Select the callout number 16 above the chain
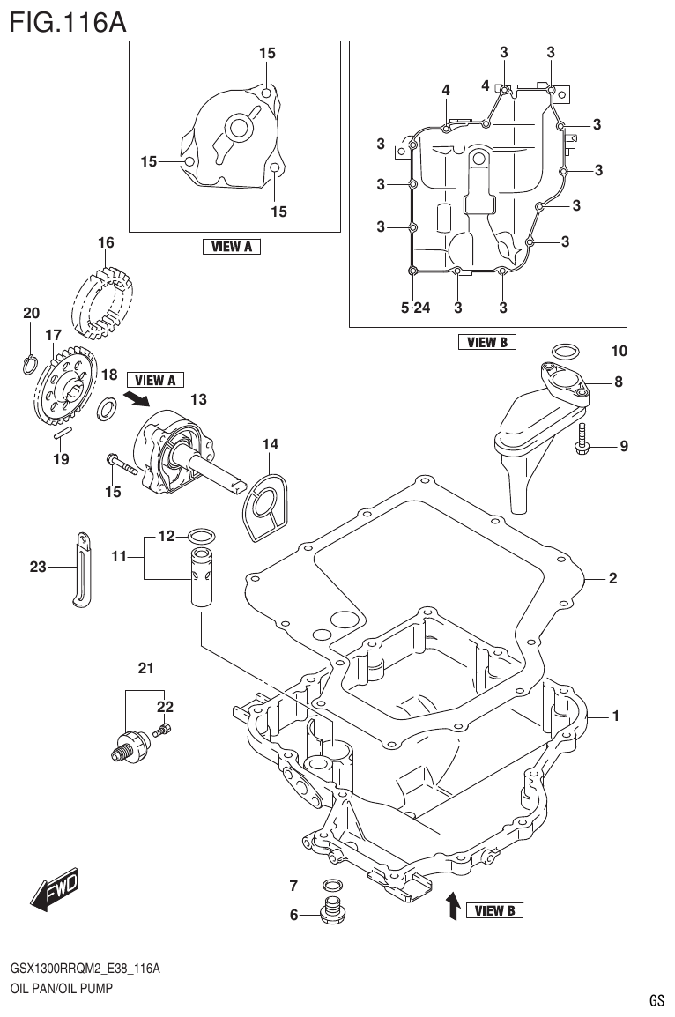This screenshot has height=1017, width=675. [x=106, y=242]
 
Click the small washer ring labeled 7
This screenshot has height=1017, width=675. [x=332, y=884]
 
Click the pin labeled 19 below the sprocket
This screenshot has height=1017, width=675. [x=60, y=433]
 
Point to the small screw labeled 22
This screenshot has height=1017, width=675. [x=163, y=729]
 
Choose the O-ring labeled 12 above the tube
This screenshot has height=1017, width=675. [x=201, y=535]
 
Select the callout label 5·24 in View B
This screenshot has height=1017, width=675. [x=415, y=308]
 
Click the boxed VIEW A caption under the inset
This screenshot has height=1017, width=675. [x=232, y=248]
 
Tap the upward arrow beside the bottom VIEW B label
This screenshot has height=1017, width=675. [x=451, y=905]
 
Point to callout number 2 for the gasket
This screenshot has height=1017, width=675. [x=612, y=579]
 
